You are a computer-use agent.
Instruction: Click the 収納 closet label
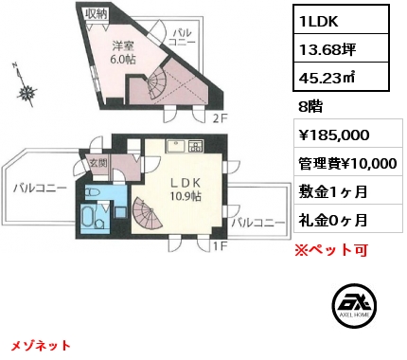tap(97, 14)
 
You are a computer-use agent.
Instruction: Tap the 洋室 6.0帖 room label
tap(124, 53)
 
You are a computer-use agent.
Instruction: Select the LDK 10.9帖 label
tap(186, 189)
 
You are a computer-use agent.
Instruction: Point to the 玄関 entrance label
tap(98, 163)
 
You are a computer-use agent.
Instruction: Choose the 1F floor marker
tap(220, 246)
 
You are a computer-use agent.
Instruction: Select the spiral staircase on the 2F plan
tap(157, 83)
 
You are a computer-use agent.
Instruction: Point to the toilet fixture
tap(94, 192)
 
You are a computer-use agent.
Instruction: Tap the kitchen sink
tap(176, 147)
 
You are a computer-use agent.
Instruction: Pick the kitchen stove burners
tap(196, 146)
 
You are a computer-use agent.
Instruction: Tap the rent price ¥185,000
tap(334, 135)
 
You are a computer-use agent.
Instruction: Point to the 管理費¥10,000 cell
tap(348, 164)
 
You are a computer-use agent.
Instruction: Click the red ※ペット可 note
tap(331, 250)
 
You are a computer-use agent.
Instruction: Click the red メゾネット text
tap(41, 345)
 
